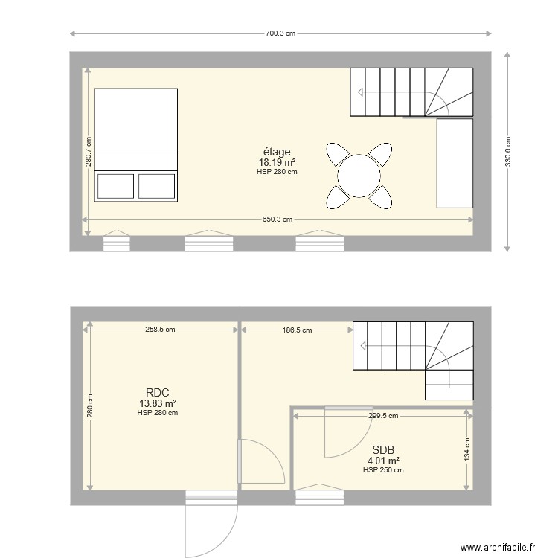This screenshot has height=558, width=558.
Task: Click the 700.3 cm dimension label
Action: tap(280, 33)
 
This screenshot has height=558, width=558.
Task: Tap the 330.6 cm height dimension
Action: tap(507, 152)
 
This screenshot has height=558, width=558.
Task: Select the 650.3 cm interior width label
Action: tap(277, 219)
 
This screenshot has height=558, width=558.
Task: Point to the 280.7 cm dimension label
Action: tap(88, 153)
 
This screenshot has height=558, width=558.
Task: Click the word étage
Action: tap(277, 152)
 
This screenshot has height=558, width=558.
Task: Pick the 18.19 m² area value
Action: tap(277, 162)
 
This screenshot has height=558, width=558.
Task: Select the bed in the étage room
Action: tap(136, 144)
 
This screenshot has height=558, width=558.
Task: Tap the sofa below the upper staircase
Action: tap(455, 162)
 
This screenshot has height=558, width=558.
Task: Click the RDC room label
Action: tap(157, 393)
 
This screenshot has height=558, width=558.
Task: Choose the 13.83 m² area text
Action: tap(157, 403)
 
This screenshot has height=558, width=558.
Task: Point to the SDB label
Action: tap(383, 449)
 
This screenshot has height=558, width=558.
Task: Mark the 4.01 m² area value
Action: tap(383, 461)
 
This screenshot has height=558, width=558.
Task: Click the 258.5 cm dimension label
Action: tap(160, 329)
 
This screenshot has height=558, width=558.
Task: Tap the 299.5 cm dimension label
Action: tap(383, 416)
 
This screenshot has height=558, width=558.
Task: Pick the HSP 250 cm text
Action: tap(383, 470)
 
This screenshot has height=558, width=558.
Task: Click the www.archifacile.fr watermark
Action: tap(498, 548)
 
